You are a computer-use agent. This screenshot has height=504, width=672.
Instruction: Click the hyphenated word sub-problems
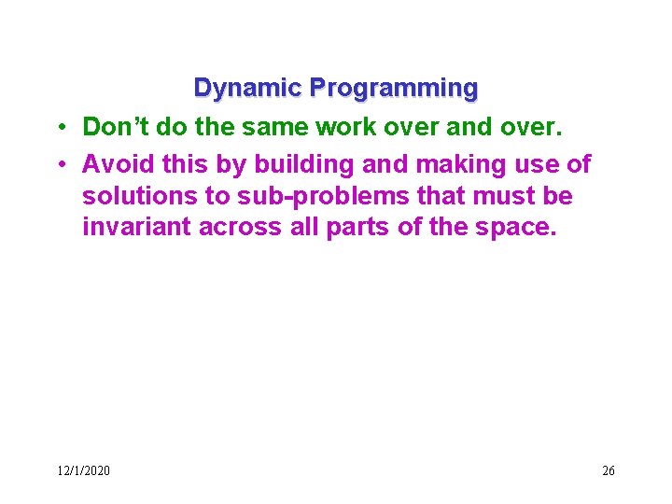coord(304,197)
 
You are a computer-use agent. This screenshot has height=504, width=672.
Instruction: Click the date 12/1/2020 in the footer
coord(83,470)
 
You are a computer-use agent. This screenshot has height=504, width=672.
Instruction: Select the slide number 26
coord(608,470)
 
